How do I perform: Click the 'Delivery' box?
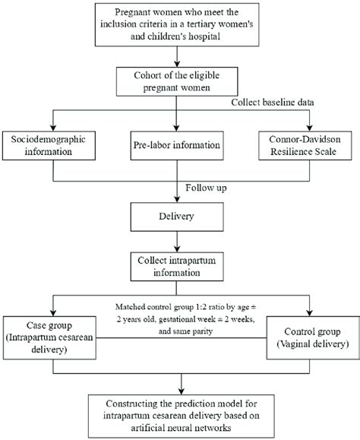pyautogui.click(x=177, y=219)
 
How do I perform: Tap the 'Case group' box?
pyautogui.click(x=47, y=335)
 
